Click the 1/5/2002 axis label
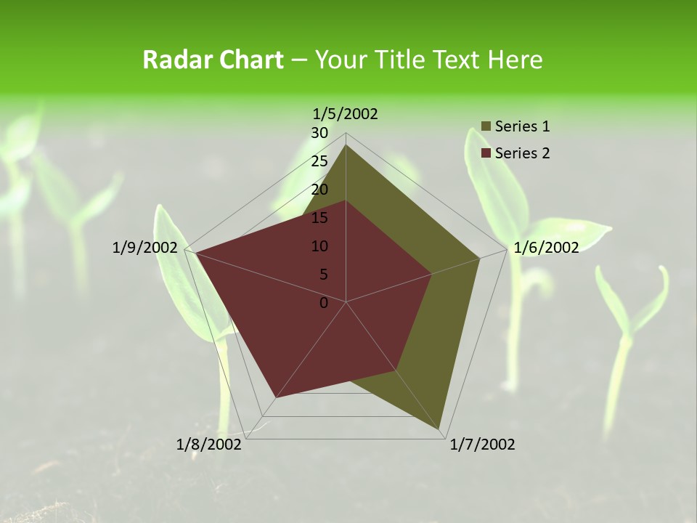[345, 113]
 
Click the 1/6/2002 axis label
[546, 248]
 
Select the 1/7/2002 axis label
[482, 444]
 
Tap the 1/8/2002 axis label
[209, 444]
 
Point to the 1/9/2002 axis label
[145, 248]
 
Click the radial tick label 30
[319, 133]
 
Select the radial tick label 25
[319, 161]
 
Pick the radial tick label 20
[319, 190]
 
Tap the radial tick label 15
[319, 218]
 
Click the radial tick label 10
[319, 246]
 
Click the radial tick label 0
[324, 303]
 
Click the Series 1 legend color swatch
[486, 127]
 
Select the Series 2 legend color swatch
[486, 153]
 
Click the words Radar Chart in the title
[213, 60]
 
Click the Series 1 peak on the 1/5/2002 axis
[346, 145]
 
